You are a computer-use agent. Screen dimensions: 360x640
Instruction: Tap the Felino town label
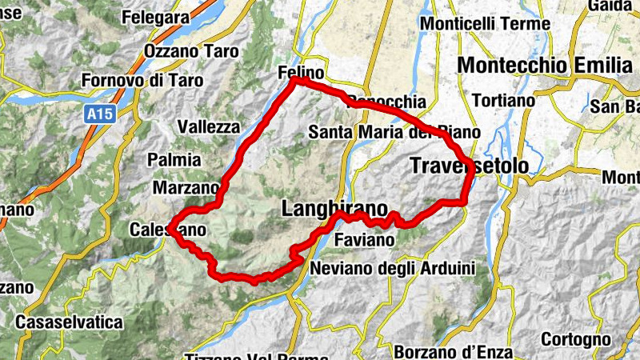coord(300,72)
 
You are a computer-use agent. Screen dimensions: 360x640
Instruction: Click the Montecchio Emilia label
coord(545,65)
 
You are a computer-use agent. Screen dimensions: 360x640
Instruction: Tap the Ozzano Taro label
coord(191,52)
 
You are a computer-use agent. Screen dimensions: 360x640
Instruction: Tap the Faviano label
coord(365,240)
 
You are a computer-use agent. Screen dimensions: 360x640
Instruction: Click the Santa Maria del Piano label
coord(394,132)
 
